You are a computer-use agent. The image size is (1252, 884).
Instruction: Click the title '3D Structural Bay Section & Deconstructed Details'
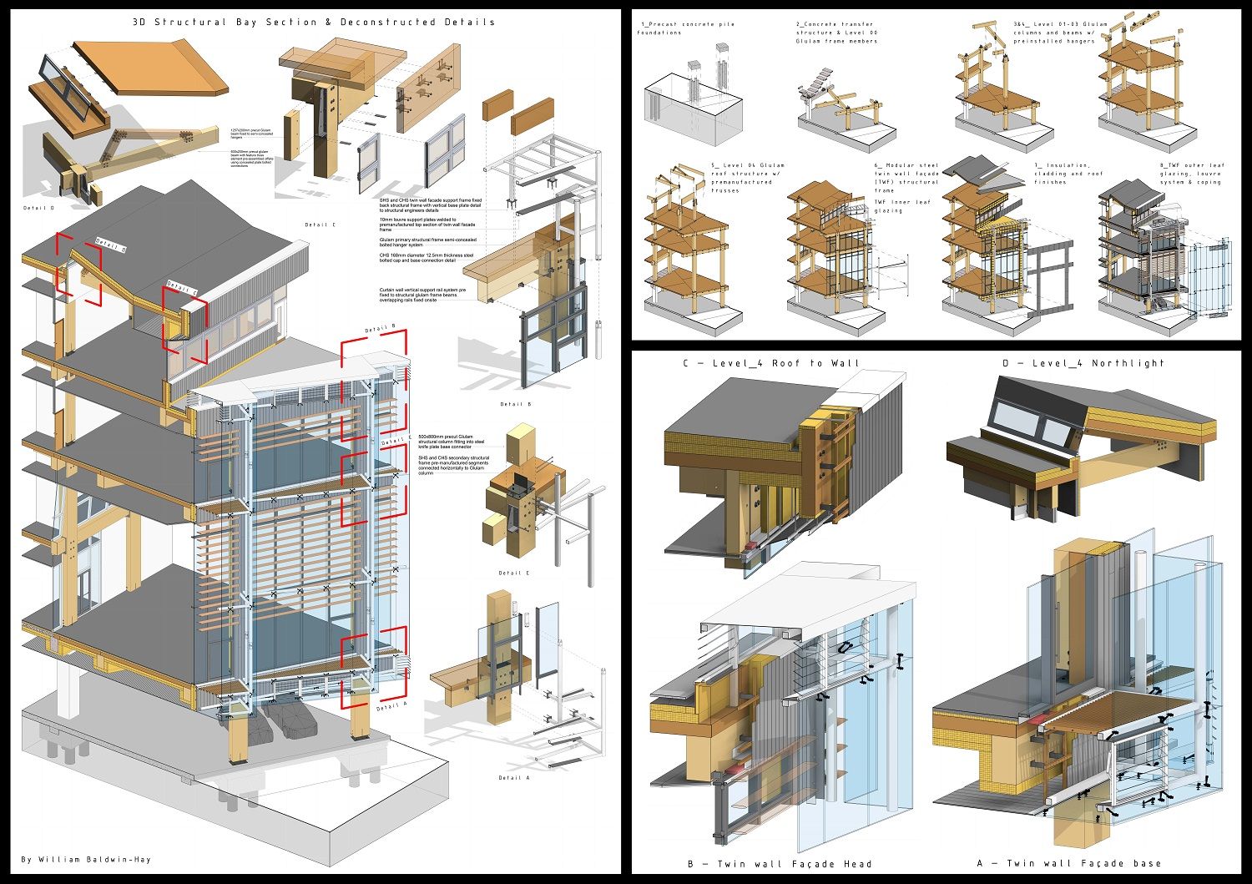[x=313, y=23]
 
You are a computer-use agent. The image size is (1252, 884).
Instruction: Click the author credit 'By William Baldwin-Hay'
[x=87, y=859]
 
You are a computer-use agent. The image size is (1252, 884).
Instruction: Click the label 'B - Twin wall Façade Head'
[x=780, y=864]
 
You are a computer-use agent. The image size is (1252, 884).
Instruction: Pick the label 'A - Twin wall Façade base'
[x=1069, y=863]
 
